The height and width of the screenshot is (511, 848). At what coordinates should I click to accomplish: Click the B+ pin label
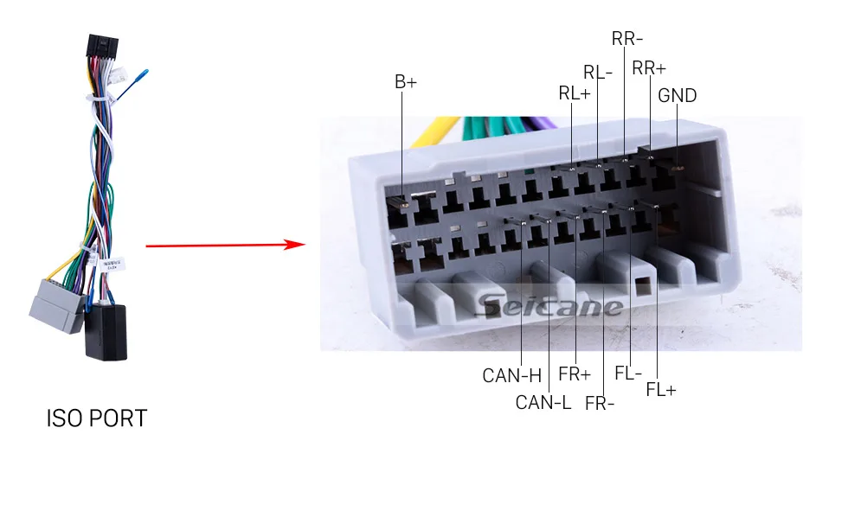click(x=406, y=82)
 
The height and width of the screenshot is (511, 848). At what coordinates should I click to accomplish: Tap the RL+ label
click(x=574, y=93)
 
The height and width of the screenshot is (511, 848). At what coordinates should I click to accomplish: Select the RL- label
click(x=598, y=72)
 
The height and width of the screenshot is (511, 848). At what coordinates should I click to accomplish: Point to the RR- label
click(x=627, y=38)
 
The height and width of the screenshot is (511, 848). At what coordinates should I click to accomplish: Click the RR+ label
click(x=649, y=68)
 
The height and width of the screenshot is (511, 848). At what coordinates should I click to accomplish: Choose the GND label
click(x=677, y=95)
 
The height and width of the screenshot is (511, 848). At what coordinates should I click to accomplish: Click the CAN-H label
click(x=511, y=376)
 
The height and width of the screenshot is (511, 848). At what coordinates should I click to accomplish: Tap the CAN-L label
click(x=543, y=402)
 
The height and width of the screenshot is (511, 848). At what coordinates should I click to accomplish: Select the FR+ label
click(x=575, y=374)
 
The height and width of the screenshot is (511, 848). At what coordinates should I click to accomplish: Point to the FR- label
click(x=600, y=403)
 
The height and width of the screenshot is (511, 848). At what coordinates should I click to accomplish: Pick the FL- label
click(x=628, y=374)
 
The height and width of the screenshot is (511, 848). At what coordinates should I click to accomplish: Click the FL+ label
click(x=661, y=390)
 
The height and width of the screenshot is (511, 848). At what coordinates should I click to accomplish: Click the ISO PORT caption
click(x=96, y=419)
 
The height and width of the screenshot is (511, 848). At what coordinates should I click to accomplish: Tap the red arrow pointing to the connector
click(x=225, y=246)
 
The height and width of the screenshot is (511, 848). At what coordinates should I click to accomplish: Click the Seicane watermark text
click(x=549, y=306)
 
